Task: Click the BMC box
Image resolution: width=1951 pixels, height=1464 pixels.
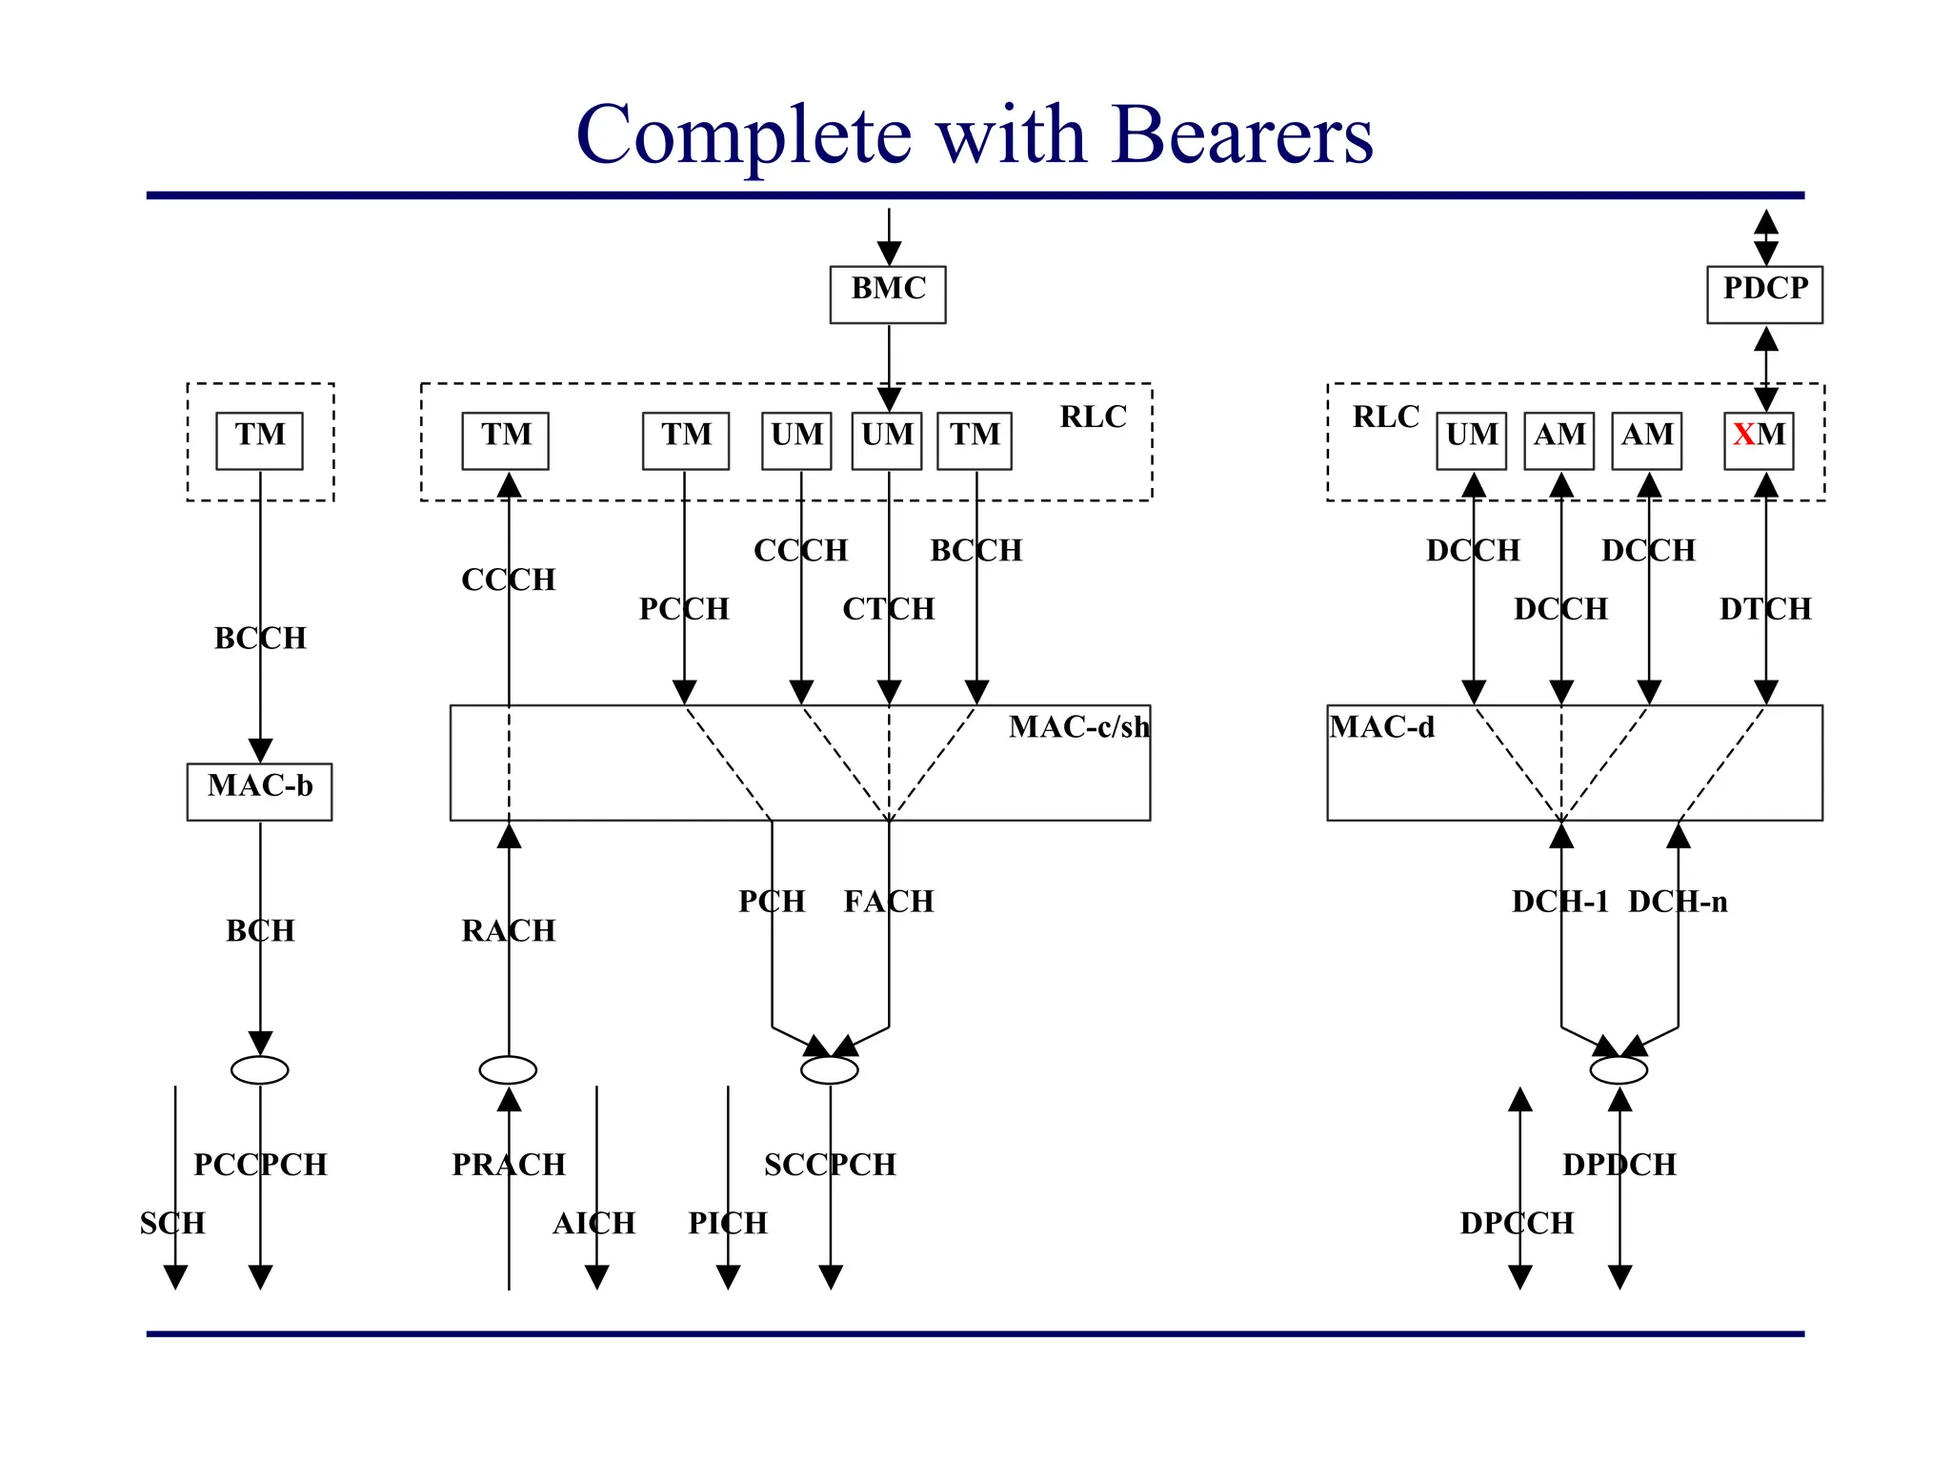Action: pyautogui.click(x=887, y=295)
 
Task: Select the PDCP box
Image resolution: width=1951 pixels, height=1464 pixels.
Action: pyautogui.click(x=1764, y=295)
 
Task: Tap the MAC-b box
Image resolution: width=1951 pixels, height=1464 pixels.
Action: pyautogui.click(x=259, y=791)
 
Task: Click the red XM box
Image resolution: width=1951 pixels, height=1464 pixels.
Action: pyautogui.click(x=1759, y=440)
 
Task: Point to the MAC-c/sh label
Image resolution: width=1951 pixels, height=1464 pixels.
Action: pyautogui.click(x=1078, y=727)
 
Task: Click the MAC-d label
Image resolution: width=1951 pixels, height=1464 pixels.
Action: pyautogui.click(x=1381, y=727)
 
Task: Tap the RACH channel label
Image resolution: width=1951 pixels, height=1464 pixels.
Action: pyautogui.click(x=508, y=930)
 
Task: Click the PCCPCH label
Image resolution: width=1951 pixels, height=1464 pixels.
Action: pyautogui.click(x=260, y=1165)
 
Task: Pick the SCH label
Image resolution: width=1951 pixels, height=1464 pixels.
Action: pyautogui.click(x=172, y=1223)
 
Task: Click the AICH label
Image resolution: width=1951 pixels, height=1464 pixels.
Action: pyautogui.click(x=593, y=1223)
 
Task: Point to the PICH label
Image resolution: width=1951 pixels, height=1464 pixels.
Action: pyautogui.click(x=728, y=1223)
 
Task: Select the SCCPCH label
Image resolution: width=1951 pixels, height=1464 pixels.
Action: pyautogui.click(x=830, y=1165)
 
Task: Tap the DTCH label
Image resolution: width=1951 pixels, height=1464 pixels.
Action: pyautogui.click(x=1765, y=608)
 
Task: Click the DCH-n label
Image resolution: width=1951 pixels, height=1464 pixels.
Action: pyautogui.click(x=1678, y=901)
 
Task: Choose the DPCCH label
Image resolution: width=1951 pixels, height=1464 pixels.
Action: pyautogui.click(x=1517, y=1223)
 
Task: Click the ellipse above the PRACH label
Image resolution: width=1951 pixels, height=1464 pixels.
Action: pyautogui.click(x=508, y=1070)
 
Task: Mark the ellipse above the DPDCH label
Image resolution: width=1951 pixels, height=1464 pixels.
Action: pyautogui.click(x=1619, y=1070)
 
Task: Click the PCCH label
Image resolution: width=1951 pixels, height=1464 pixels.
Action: pyautogui.click(x=684, y=608)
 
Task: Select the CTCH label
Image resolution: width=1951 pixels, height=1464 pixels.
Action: pyautogui.click(x=888, y=608)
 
